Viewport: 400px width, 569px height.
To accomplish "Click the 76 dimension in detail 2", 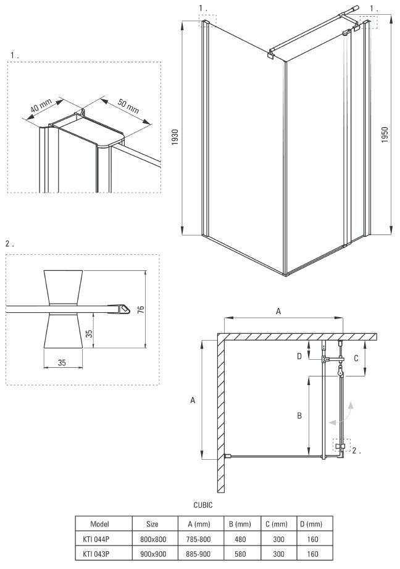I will point(141,308).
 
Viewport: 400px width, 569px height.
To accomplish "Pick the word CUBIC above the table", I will point(203,505).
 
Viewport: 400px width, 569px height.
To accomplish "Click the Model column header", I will point(100,523).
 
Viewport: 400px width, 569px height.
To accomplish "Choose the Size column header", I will point(152,523).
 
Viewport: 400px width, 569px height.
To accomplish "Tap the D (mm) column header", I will point(314,523).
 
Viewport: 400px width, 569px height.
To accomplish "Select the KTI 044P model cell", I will point(100,538).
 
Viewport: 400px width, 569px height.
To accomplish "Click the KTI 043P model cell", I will point(100,553).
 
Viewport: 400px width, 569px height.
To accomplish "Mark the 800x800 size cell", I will point(152,538).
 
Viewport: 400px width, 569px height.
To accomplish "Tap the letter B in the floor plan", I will point(298,416).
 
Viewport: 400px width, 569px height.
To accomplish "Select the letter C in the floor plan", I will point(356,357).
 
